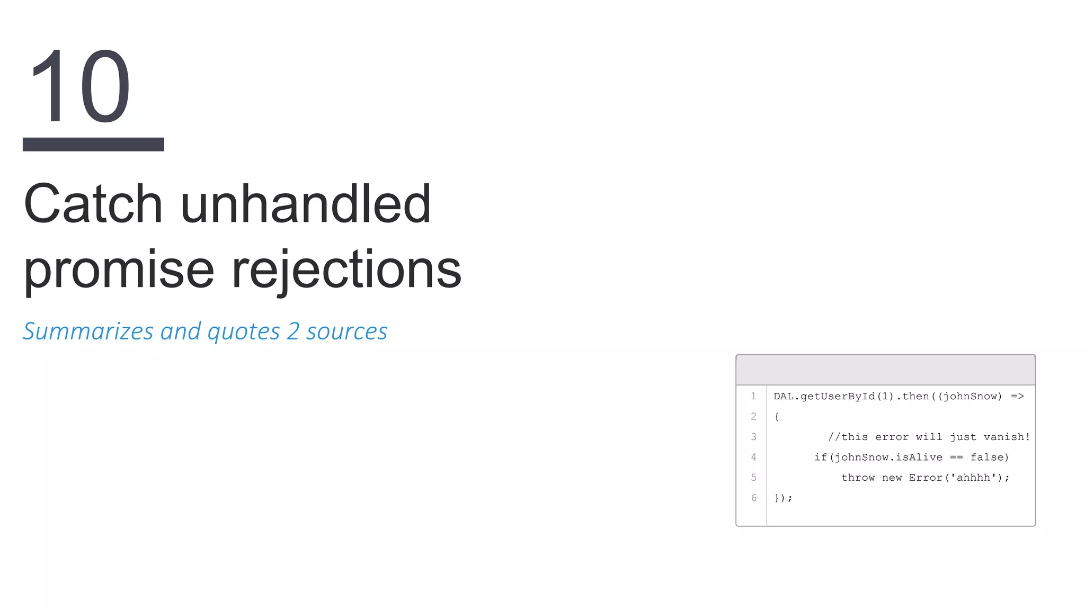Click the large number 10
click(x=79, y=86)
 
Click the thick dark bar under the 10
click(x=93, y=144)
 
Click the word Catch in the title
click(x=93, y=204)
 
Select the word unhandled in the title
click(x=306, y=204)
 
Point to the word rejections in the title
click(x=346, y=270)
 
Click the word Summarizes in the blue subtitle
click(x=88, y=331)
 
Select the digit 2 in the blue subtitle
click(x=293, y=331)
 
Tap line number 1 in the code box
click(x=753, y=396)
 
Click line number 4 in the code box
click(x=753, y=457)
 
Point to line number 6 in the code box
click(x=753, y=498)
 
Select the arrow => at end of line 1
click(x=1017, y=397)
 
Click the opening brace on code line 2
click(x=777, y=417)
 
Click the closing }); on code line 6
click(x=783, y=498)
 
